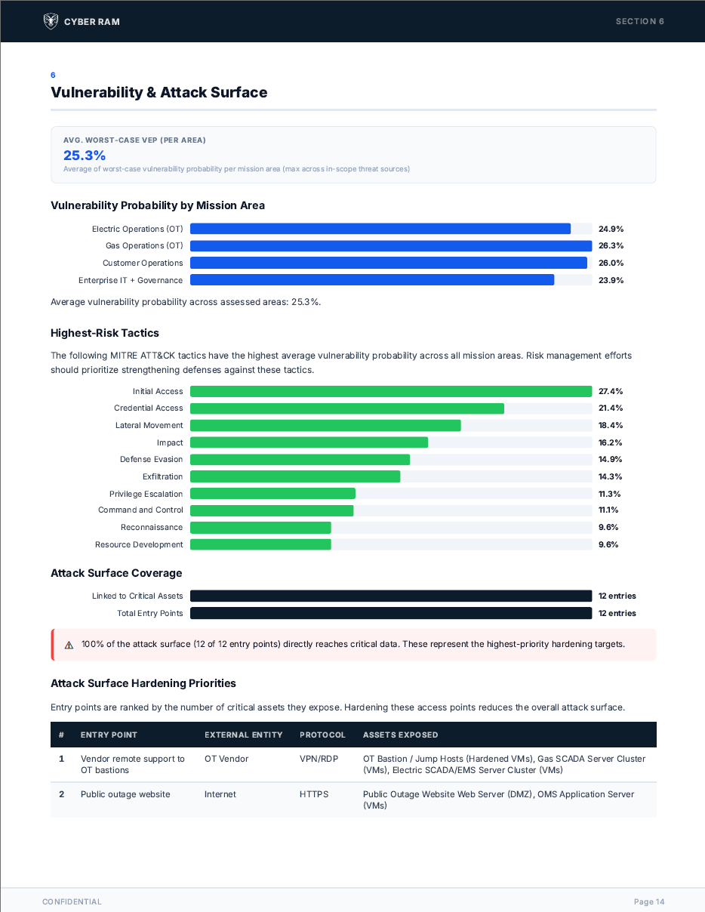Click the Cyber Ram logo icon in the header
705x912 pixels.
51,21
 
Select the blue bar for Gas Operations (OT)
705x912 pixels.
390,246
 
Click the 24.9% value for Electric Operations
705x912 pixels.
611,229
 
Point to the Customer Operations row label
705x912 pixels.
143,263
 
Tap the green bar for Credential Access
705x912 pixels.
346,408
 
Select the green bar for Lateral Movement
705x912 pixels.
325,426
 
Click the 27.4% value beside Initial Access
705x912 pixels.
611,391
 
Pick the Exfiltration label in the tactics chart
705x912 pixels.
162,477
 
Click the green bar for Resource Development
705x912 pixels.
260,544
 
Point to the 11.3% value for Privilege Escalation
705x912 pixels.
609,494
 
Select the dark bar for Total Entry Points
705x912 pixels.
390,613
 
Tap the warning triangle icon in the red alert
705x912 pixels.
69,645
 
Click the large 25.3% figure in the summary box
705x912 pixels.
85,156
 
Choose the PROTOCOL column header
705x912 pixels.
322,735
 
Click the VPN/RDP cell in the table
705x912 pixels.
316,759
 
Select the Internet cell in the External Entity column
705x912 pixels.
220,794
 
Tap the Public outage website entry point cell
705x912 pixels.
125,794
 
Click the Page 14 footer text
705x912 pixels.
649,901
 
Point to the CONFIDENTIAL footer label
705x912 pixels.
72,901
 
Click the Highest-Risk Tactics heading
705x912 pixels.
105,333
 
